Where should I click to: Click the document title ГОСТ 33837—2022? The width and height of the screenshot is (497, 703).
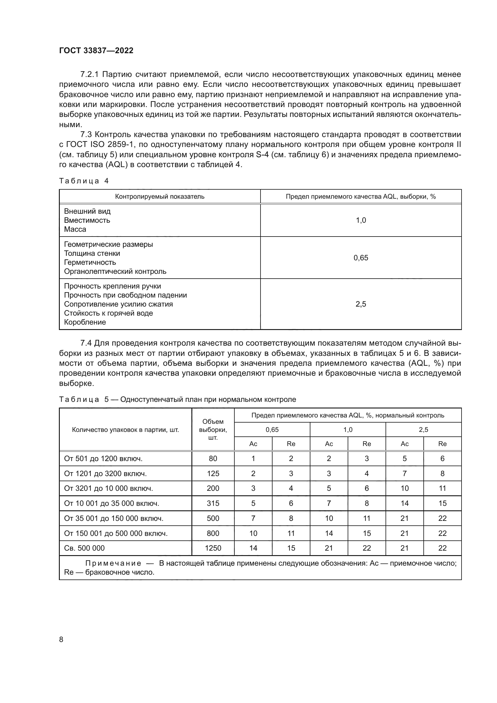tap(96, 51)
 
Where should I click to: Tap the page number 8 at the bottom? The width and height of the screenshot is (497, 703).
tap(61, 639)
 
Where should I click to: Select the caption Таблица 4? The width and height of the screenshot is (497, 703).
tap(84, 181)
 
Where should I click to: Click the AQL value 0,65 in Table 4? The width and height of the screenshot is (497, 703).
tap(361, 258)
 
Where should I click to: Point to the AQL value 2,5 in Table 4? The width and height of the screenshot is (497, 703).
tap(361, 304)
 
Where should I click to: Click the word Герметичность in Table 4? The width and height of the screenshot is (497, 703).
tap(90, 262)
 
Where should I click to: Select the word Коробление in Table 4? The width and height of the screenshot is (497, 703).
tap(85, 322)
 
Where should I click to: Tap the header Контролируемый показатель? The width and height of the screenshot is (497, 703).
tap(160, 197)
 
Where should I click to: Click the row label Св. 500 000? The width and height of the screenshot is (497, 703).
tap(84, 548)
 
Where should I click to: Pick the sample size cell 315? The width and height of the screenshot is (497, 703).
tap(213, 503)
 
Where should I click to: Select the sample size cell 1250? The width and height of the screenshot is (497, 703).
tap(213, 548)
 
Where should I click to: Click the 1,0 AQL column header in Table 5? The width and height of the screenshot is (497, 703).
tap(348, 429)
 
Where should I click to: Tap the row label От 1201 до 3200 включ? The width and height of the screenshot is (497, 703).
tap(105, 474)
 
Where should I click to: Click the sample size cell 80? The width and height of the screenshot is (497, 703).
tap(213, 459)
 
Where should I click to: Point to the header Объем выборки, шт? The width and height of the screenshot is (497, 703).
tap(213, 429)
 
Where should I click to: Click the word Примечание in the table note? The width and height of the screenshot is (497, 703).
tap(113, 563)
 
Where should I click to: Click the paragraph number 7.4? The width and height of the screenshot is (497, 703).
tap(86, 343)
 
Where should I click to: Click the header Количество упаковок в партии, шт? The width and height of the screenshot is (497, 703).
tap(126, 429)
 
